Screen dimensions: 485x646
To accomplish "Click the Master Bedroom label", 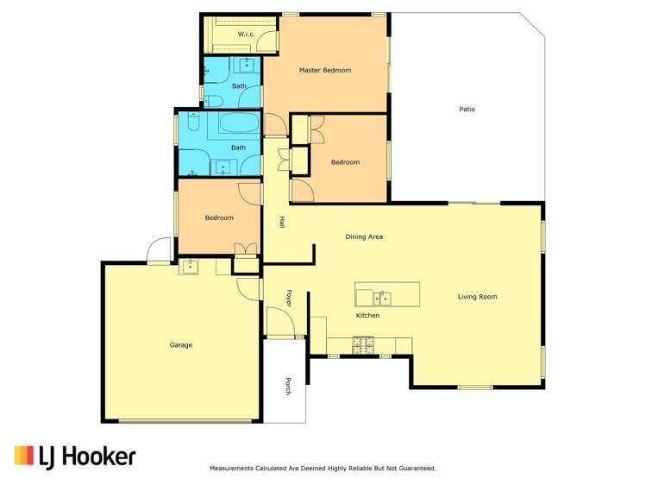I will click(x=325, y=70).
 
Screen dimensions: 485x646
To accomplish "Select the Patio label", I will click(x=467, y=110).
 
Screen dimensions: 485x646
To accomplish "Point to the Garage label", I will click(x=180, y=345).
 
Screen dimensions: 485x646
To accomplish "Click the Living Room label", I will click(x=477, y=297).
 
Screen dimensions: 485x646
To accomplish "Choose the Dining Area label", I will click(x=364, y=236).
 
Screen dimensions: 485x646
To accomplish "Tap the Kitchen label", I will click(x=367, y=316).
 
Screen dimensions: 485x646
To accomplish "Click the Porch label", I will click(x=289, y=387).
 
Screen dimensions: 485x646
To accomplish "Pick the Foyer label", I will click(x=289, y=298).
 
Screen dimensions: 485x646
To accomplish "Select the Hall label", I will click(x=282, y=222).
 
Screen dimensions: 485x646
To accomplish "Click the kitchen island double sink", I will click(x=382, y=299).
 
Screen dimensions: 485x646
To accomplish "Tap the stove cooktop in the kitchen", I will click(x=363, y=345).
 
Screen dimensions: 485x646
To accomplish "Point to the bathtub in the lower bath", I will click(x=239, y=124).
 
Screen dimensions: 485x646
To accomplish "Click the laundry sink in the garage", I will click(x=189, y=268).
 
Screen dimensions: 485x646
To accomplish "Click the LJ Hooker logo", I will click(x=75, y=457).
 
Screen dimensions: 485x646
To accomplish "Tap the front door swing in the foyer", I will click(x=279, y=323).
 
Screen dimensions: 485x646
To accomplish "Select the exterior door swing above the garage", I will click(x=159, y=251).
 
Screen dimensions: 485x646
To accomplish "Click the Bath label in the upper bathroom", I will click(x=239, y=86).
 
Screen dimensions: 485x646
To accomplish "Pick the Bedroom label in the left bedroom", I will click(x=219, y=217).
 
